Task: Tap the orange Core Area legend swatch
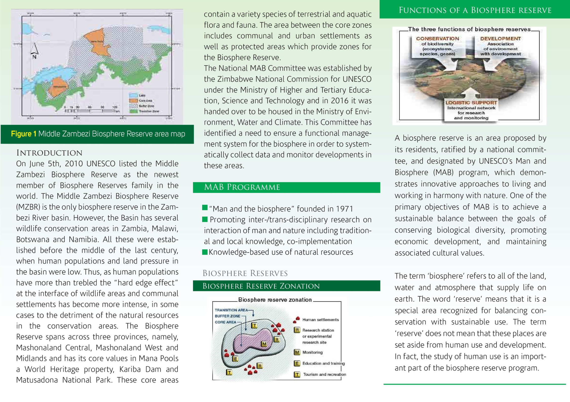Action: pos(133,100)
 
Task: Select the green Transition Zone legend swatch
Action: pos(133,111)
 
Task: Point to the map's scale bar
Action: pos(91,111)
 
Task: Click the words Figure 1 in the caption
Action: pos(24,134)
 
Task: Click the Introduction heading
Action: pos(49,153)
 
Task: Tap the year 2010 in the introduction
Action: pos(74,164)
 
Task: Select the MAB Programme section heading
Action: pos(242,187)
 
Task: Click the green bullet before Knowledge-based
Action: pos(205,252)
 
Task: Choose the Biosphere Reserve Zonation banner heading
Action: pos(261,286)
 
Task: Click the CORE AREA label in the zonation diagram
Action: pos(225,322)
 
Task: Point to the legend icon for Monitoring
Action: pos(297,352)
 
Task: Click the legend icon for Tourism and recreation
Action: pos(297,374)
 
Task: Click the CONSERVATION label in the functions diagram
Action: pos(437,38)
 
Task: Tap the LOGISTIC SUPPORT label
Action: pos(471,103)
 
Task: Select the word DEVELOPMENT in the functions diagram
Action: pos(500,38)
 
